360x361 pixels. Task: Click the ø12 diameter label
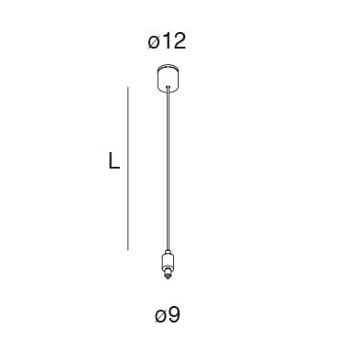point(167,41)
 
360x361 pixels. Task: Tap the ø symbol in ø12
point(154,42)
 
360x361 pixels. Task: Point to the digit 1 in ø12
point(167,41)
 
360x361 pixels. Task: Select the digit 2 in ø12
point(180,41)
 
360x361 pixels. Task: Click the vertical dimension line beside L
point(127,170)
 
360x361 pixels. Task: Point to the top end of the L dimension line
point(127,87)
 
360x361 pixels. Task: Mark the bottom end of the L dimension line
point(127,250)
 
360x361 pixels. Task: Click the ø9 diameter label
point(167,316)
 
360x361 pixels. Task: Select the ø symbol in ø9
point(160,317)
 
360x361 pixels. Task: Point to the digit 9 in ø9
point(174,316)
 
